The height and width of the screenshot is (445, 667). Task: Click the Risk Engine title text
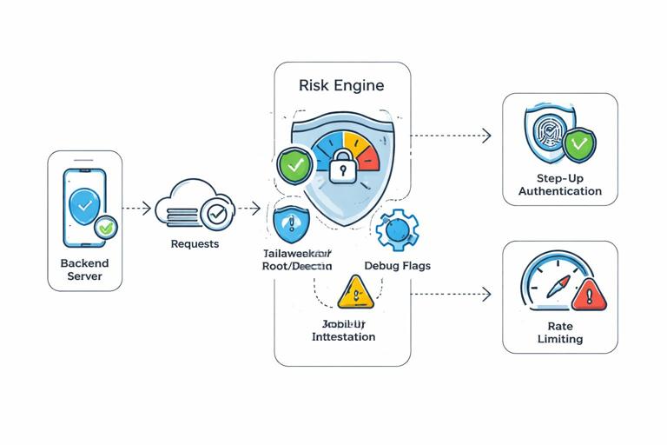[341, 86]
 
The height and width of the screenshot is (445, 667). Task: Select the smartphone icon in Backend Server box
[83, 207]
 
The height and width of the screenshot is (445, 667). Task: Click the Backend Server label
[84, 269]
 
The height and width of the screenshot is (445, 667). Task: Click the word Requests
[195, 244]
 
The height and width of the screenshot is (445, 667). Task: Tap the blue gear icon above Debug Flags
[398, 229]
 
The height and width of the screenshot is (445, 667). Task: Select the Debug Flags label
[397, 265]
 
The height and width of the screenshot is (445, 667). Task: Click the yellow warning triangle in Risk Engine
[354, 293]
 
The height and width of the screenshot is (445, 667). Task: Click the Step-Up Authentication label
[560, 184]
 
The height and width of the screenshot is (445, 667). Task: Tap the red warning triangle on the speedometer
[590, 296]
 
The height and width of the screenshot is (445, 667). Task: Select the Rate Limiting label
[560, 332]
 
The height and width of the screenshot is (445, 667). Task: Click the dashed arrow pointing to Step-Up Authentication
[450, 136]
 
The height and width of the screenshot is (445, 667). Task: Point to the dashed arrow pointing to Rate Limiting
[450, 294]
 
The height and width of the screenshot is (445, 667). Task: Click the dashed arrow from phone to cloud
[136, 209]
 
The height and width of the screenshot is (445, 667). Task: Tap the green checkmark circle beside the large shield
[292, 164]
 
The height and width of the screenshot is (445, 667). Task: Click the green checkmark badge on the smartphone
[106, 229]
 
